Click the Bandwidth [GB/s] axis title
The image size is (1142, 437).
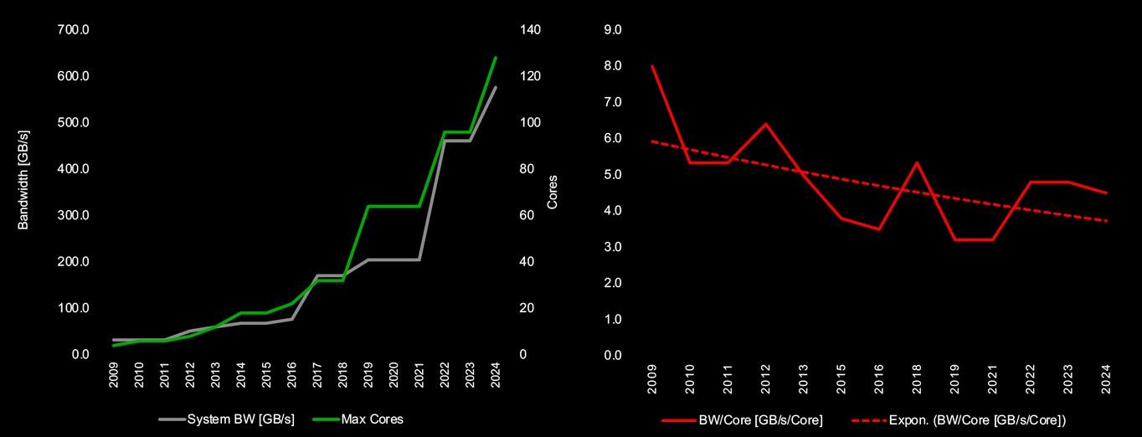pyautogui.click(x=23, y=179)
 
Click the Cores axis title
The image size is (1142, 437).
pyautogui.click(x=552, y=192)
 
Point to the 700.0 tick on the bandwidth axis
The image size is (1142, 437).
pyautogui.click(x=74, y=30)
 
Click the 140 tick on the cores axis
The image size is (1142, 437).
pyautogui.click(x=531, y=30)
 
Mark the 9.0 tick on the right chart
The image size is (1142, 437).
pyautogui.click(x=613, y=30)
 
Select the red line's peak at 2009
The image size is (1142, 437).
pyautogui.click(x=652, y=65)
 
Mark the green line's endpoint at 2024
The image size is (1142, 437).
pyautogui.click(x=496, y=57)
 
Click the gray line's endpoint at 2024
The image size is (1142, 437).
pyautogui.click(x=496, y=87)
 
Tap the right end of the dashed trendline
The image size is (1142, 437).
pyautogui.click(x=1108, y=221)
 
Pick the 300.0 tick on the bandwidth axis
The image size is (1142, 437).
pyautogui.click(x=74, y=215)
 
